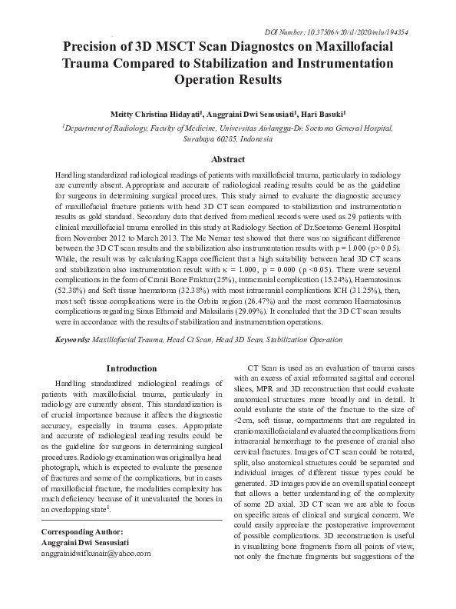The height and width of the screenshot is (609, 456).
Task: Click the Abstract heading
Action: click(x=228, y=160)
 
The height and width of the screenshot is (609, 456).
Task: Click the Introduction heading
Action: click(x=131, y=368)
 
